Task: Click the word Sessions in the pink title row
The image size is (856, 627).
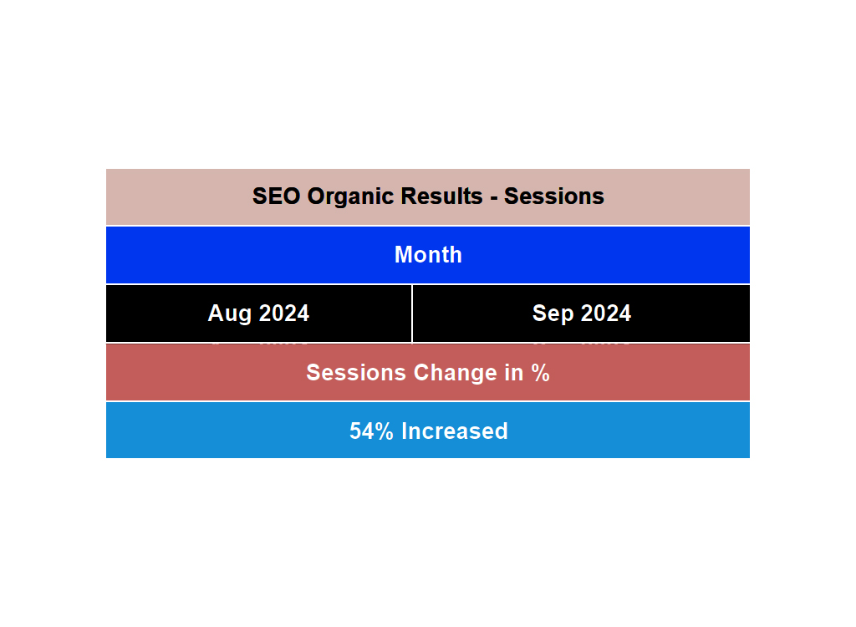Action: click(x=554, y=196)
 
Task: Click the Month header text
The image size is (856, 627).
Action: click(x=428, y=255)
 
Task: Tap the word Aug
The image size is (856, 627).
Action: click(x=227, y=313)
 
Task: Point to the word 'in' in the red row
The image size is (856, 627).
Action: click(x=512, y=373)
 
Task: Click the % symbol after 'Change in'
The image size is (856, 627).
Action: click(x=540, y=373)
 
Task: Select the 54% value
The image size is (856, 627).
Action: click(x=371, y=431)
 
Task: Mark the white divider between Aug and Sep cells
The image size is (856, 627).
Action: click(x=412, y=313)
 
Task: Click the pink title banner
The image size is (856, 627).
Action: click(x=167, y=196)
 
